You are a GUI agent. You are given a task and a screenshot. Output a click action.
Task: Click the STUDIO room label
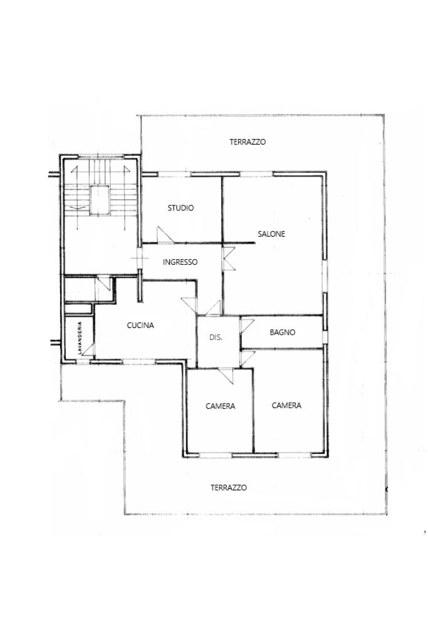(180, 208)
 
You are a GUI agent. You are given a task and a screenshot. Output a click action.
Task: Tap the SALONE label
(271, 234)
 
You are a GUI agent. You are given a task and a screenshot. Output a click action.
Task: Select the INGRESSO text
(180, 262)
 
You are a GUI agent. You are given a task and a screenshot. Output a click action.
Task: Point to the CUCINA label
(140, 326)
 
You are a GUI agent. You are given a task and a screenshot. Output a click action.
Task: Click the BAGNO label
(283, 332)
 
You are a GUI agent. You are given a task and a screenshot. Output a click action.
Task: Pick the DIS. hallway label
(216, 337)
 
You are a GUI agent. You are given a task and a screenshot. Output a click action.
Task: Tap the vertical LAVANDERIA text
(80, 338)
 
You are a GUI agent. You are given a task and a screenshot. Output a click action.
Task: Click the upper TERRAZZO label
(248, 142)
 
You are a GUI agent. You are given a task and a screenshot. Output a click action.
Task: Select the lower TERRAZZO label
(229, 488)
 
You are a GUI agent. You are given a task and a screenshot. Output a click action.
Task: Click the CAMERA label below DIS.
(220, 406)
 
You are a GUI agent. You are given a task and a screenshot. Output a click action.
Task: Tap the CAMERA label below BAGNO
(286, 405)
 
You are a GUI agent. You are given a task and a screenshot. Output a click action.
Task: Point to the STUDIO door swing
(165, 235)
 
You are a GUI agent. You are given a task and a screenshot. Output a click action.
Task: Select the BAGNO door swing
(247, 325)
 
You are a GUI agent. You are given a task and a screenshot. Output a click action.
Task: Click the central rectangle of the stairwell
(100, 200)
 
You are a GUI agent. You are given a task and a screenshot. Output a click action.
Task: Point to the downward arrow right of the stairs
(125, 197)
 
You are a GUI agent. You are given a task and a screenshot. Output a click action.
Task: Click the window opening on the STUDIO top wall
(175, 174)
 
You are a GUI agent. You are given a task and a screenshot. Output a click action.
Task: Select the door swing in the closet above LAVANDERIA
(103, 284)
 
